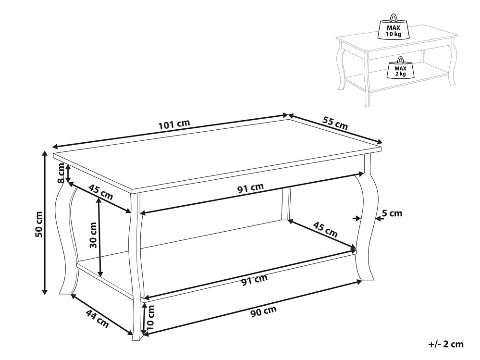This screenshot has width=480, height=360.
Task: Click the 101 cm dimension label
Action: pyautogui.click(x=173, y=124)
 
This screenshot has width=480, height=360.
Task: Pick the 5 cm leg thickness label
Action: pyautogui.click(x=392, y=213)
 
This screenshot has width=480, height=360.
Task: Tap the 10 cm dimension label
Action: pyautogui.click(x=150, y=317)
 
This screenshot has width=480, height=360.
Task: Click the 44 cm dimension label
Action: pyautogui.click(x=97, y=318)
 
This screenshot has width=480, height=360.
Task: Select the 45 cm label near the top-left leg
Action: pyautogui.click(x=100, y=192)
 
